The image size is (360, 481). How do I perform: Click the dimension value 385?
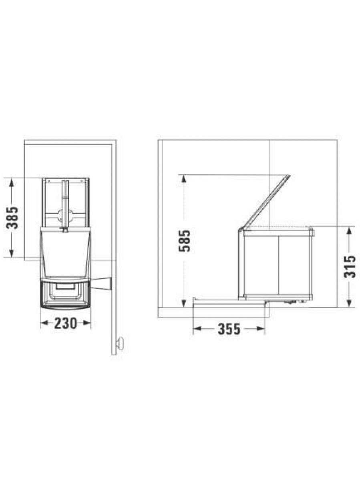click(12, 217)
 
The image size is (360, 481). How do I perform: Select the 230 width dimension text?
click(66, 323)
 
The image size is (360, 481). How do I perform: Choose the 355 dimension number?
click(229, 329)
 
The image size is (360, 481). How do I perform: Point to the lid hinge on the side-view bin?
click(241, 230)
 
